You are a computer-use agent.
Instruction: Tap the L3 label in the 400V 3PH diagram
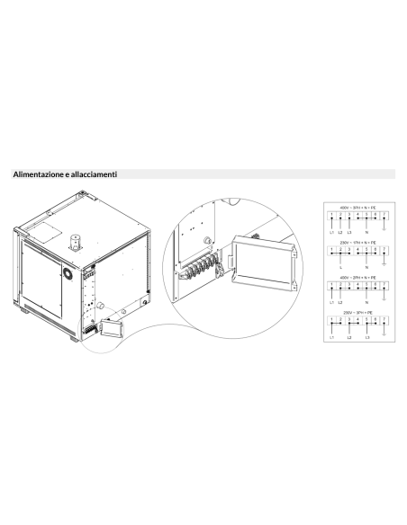pyautogui.click(x=348, y=232)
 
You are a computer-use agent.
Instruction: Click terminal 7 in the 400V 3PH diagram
pyautogui.click(x=384, y=216)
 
